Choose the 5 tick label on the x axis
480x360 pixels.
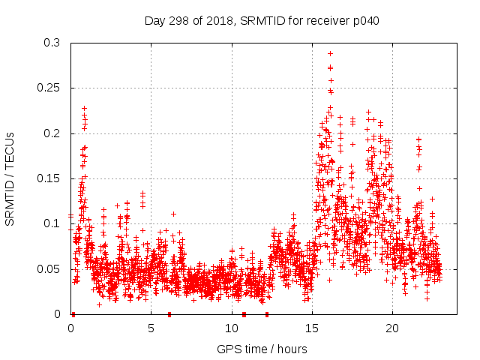coord(151,328)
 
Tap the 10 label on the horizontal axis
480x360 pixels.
coord(231,328)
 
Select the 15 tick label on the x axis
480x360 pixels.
coord(311,328)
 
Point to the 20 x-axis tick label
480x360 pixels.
coord(391,328)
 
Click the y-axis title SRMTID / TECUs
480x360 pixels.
coord(10,178)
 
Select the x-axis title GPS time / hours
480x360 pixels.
coord(262,349)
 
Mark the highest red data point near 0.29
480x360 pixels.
coord(330,53)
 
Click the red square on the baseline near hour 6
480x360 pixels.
coord(169,314)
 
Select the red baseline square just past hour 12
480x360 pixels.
coord(267,314)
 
